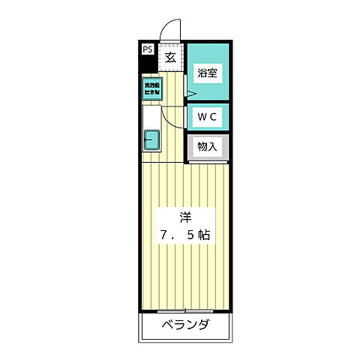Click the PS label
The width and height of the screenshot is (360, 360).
(147, 50)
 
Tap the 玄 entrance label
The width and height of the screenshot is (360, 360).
(170, 56)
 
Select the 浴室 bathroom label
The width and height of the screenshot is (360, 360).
(207, 73)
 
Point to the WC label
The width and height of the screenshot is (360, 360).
(207, 116)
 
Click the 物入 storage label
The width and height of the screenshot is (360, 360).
(207, 147)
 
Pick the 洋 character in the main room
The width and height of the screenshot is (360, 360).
(184, 217)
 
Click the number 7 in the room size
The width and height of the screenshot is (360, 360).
(162, 235)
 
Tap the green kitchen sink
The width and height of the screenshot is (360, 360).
(151, 140)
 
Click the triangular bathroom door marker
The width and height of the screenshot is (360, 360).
(191, 94)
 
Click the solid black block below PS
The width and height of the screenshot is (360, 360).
(147, 64)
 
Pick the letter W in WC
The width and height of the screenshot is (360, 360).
(202, 116)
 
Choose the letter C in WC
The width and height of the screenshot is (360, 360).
(213, 116)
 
